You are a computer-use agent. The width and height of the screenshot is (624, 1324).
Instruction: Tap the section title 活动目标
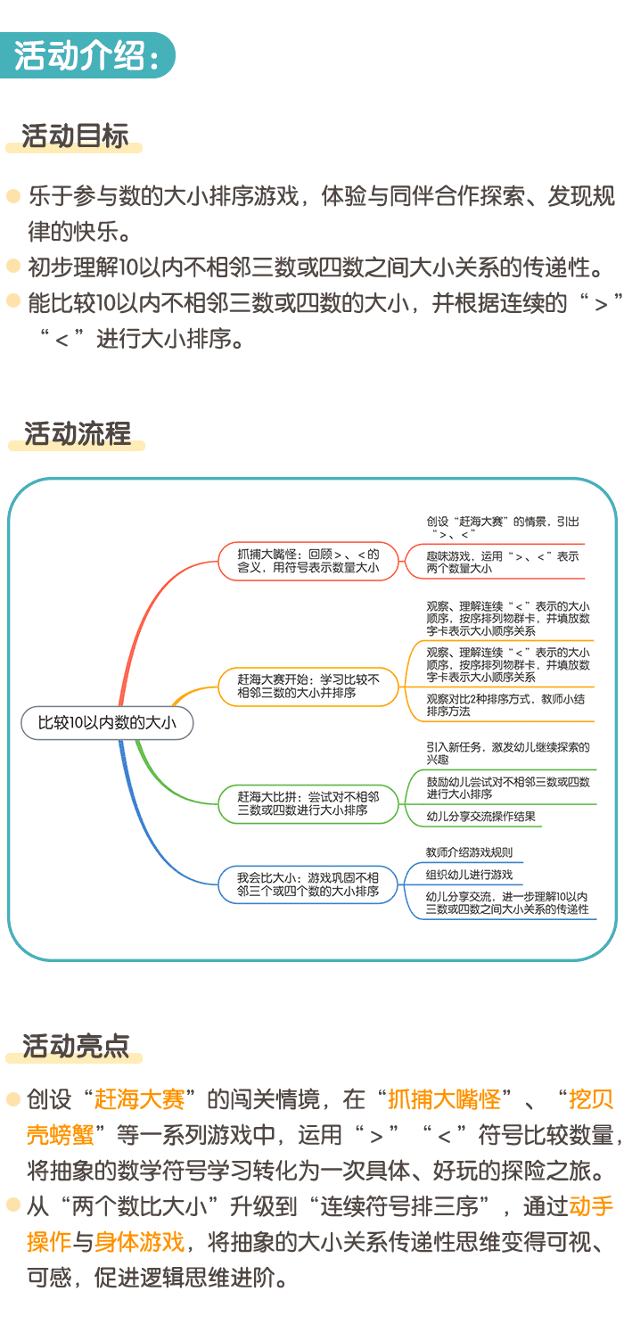tap(76, 136)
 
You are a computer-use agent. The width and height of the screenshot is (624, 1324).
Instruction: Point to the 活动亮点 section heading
tap(76, 1045)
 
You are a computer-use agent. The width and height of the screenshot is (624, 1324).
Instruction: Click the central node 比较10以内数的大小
tap(107, 722)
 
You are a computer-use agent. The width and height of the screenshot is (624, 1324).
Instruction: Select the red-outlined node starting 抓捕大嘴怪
tap(308, 561)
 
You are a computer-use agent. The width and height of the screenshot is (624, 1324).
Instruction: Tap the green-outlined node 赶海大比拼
tap(308, 803)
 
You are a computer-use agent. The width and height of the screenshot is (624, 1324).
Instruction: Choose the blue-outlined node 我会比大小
tap(308, 884)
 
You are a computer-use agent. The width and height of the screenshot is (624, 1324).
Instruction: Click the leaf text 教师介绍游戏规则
tap(469, 852)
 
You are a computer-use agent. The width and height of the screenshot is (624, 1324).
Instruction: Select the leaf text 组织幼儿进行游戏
tap(469, 874)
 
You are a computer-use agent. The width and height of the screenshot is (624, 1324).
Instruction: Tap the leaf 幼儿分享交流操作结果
tap(481, 816)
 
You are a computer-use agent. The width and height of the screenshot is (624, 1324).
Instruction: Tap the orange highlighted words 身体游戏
tap(139, 1242)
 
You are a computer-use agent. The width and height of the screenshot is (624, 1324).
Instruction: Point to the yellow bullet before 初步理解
tap(12, 265)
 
